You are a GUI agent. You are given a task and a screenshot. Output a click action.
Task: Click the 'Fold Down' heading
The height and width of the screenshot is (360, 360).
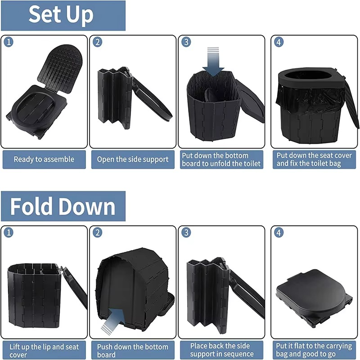[63, 207]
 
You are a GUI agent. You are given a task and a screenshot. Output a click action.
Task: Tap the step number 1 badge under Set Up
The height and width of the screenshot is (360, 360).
[9, 42]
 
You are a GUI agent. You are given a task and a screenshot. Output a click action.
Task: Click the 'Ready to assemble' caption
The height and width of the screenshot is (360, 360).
[44, 159]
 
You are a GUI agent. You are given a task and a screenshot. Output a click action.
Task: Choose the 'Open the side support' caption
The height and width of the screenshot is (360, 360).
[133, 159]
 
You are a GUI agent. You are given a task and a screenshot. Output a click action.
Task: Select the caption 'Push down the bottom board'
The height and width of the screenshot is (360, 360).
[133, 351]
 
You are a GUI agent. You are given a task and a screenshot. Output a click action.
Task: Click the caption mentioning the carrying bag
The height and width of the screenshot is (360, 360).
[314, 350]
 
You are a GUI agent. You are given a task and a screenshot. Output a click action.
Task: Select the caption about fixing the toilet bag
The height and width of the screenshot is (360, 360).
[314, 159]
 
